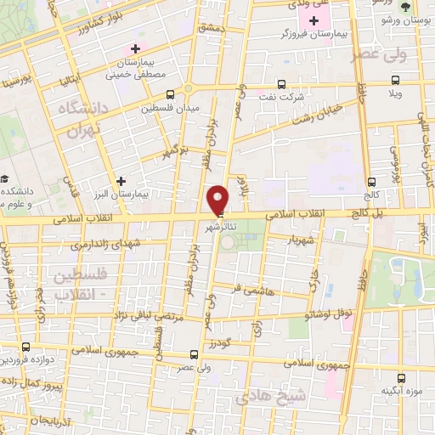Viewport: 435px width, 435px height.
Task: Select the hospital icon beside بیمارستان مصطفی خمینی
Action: coord(134,48)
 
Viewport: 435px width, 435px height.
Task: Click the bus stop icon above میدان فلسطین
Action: coord(171,94)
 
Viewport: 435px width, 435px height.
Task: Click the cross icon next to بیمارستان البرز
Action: coord(121,181)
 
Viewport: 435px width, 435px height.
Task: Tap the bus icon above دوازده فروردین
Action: coord(26,347)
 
